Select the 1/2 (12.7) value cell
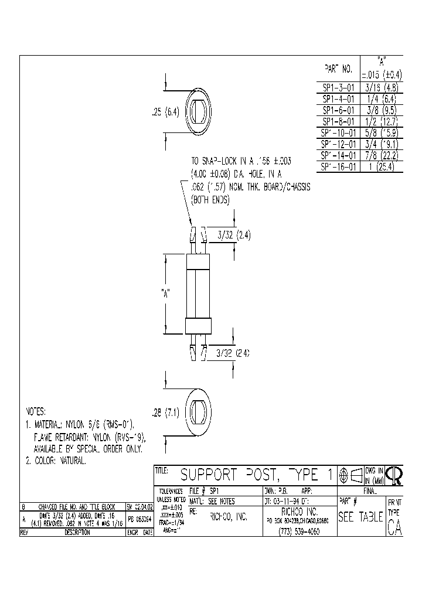pyautogui.click(x=380, y=122)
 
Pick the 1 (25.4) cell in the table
pyautogui.click(x=380, y=167)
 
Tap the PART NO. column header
pyautogui.click(x=338, y=69)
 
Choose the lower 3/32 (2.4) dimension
pyautogui.click(x=234, y=353)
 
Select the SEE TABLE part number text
pyautogui.click(x=360, y=518)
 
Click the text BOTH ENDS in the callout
pyautogui.click(x=210, y=200)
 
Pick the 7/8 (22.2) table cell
pyautogui.click(x=380, y=155)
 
